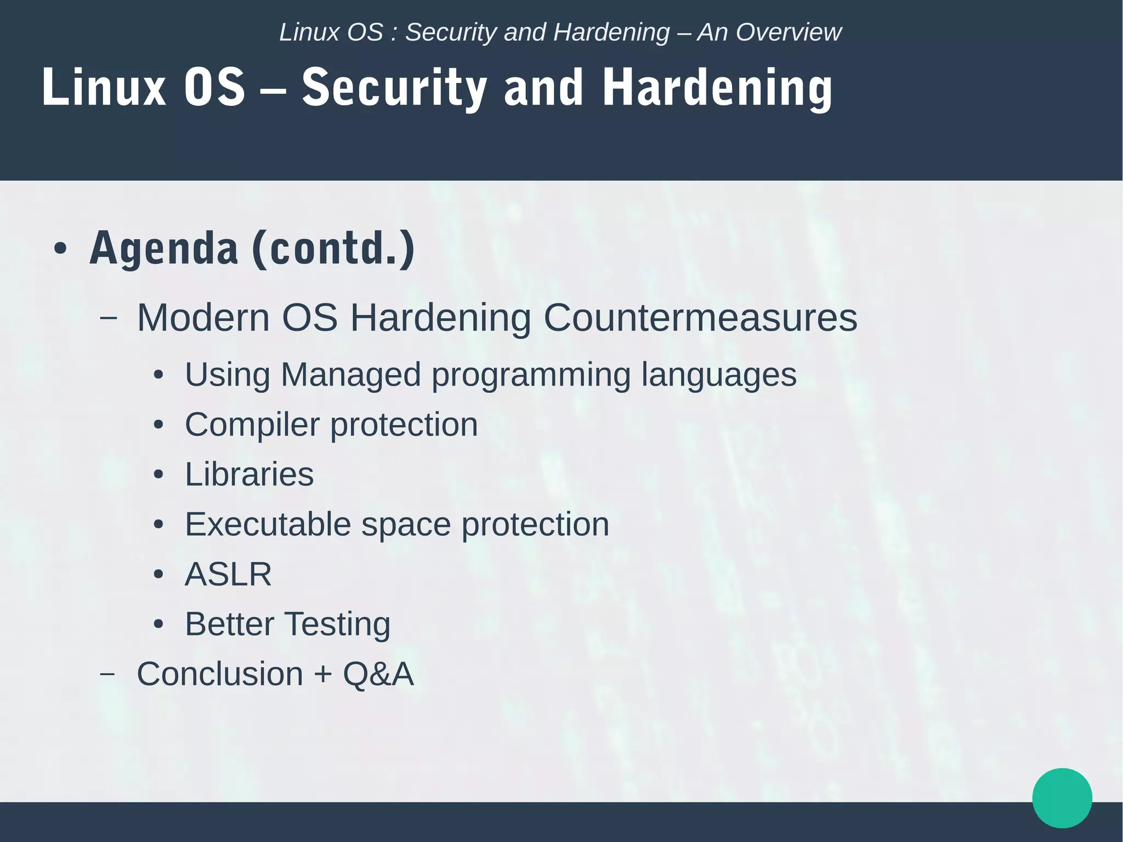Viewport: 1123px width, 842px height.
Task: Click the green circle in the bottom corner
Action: (x=1062, y=798)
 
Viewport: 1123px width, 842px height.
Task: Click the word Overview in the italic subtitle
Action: (x=788, y=32)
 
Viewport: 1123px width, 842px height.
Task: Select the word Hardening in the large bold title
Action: (x=717, y=88)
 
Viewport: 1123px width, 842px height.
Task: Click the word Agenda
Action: (x=163, y=248)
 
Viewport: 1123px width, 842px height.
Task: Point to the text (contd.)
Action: (x=333, y=248)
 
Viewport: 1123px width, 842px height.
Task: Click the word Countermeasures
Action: (x=700, y=318)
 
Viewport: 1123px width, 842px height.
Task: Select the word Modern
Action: (x=203, y=318)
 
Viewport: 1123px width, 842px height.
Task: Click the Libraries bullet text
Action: (x=249, y=474)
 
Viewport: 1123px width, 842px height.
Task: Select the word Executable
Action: (x=268, y=524)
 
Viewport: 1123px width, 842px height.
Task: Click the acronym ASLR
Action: (x=228, y=574)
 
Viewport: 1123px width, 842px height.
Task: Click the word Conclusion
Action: (x=219, y=674)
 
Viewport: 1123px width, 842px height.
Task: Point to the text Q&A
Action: (x=378, y=674)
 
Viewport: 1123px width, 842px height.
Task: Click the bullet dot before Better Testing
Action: (x=158, y=624)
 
